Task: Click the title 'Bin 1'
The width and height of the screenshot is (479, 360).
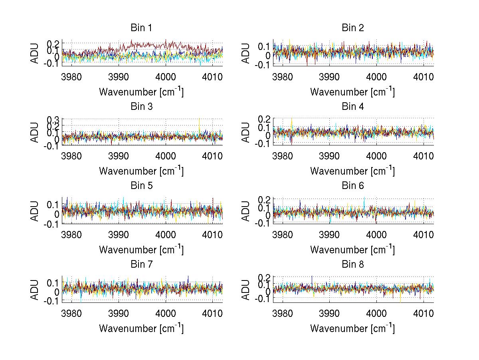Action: (x=141, y=28)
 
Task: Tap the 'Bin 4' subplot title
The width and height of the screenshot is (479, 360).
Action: (x=353, y=107)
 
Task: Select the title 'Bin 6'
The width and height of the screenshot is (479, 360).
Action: (x=353, y=185)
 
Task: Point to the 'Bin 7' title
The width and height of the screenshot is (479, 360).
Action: (x=141, y=264)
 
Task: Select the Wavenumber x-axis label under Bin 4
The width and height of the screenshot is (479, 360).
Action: (x=352, y=171)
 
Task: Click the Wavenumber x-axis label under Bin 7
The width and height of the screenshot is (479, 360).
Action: (x=141, y=328)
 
